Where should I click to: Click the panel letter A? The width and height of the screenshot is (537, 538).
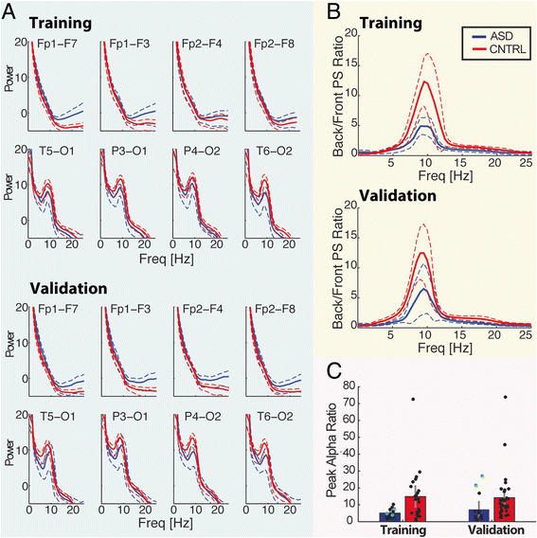(10, 11)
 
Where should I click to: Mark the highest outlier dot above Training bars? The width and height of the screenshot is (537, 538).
(412, 399)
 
